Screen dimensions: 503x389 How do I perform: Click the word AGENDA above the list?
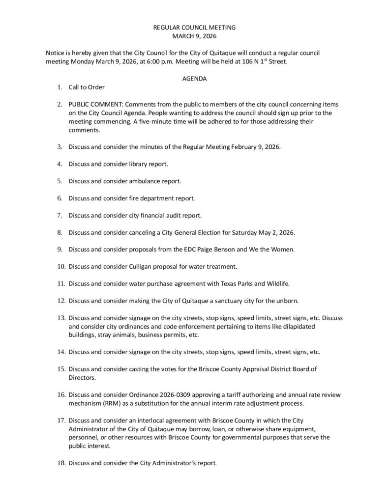pos(194,79)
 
